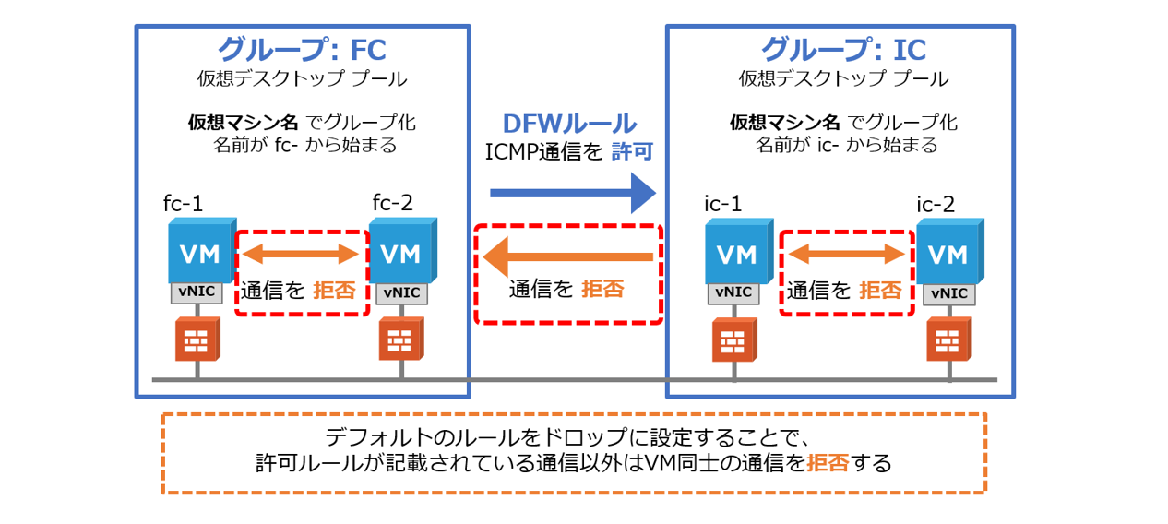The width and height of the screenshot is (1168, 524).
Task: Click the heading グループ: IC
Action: [842, 48]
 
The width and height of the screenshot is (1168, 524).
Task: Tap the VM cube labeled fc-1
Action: [198, 251]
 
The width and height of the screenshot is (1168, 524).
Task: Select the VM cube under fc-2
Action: [401, 251]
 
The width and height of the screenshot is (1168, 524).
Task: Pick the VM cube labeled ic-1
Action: [736, 251]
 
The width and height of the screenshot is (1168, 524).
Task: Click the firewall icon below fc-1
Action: [197, 339]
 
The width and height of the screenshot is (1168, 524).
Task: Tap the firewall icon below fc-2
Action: [400, 339]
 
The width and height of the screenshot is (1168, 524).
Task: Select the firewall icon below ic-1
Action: [734, 339]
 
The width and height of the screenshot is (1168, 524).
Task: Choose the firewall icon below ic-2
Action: [948, 339]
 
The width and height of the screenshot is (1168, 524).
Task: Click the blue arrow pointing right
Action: [571, 193]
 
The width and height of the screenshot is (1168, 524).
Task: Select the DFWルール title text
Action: [568, 124]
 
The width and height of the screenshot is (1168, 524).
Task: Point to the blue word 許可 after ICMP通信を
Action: [633, 152]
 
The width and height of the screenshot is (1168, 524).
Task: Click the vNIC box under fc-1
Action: [196, 292]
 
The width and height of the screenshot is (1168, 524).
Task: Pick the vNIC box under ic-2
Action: [948, 294]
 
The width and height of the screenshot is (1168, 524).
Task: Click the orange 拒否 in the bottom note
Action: [827, 462]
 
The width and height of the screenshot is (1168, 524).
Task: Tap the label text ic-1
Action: [724, 203]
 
